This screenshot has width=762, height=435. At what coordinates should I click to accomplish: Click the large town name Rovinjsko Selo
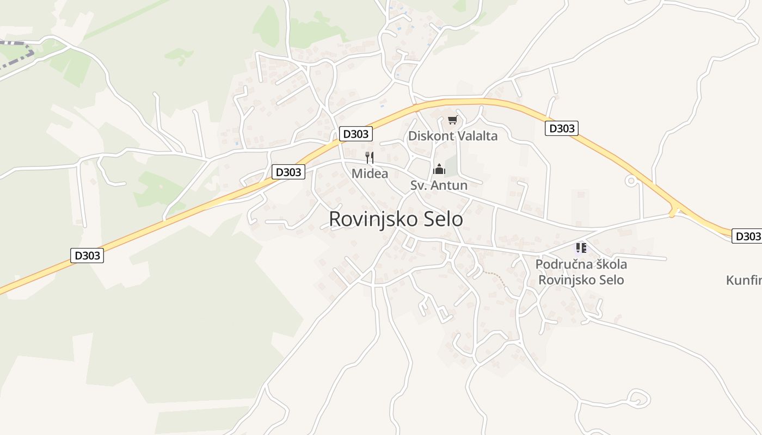coord(396,219)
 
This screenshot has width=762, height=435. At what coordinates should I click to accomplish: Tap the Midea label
coord(370,174)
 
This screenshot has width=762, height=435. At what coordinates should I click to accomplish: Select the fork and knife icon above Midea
coord(370,158)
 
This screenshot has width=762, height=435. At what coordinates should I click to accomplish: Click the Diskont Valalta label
coord(452,136)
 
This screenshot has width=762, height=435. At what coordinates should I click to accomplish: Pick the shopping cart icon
coord(452,120)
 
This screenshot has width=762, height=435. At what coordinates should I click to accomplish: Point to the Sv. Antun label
coord(439,185)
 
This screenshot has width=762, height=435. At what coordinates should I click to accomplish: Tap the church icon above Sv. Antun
coord(439,169)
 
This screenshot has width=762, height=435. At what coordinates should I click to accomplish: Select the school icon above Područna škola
coord(581,248)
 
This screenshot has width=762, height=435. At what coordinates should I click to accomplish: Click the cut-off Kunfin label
coord(744,281)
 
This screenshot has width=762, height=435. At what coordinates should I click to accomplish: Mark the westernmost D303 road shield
coord(87,255)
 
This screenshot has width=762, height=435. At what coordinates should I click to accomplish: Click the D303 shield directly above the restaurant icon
coord(355,134)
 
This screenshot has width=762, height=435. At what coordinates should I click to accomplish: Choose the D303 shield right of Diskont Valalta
coord(561,128)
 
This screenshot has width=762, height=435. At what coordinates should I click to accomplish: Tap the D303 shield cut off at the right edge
coord(747,236)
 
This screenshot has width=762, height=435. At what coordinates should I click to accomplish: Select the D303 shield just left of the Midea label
coord(288,172)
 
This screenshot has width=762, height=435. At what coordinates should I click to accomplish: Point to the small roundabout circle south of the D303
coord(631,181)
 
